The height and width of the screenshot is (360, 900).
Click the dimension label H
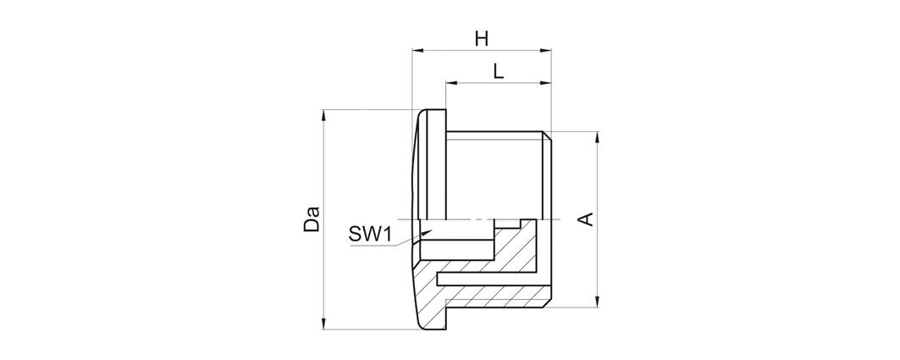(482, 39)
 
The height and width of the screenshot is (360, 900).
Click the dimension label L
(498, 72)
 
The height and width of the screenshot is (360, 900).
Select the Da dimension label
(312, 219)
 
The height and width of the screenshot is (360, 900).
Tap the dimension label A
(585, 219)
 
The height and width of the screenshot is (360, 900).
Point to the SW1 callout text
(370, 234)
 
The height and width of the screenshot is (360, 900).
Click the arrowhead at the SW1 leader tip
(426, 232)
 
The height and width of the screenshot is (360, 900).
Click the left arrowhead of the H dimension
(418, 51)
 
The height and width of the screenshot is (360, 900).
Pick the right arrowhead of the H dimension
(546, 51)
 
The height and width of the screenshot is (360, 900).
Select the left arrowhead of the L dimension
(452, 83)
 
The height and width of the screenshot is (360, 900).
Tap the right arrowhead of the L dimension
(546, 83)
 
